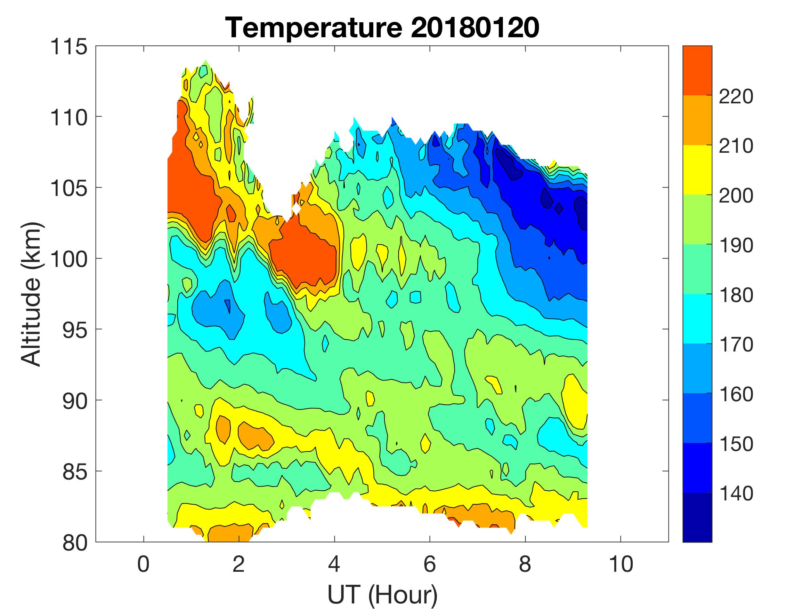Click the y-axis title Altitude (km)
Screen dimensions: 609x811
point(31,294)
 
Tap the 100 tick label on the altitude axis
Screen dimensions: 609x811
point(69,259)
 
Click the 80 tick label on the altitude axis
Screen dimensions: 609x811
point(75,543)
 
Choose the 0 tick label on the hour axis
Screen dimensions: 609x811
point(143,564)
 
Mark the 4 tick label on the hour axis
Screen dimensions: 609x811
point(334,564)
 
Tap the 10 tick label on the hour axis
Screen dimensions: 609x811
point(621,564)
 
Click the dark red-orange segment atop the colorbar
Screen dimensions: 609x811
point(697,71)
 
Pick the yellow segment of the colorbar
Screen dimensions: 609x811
point(697,169)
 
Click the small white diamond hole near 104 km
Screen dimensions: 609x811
point(296,208)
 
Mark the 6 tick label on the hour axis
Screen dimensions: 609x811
point(430,564)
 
